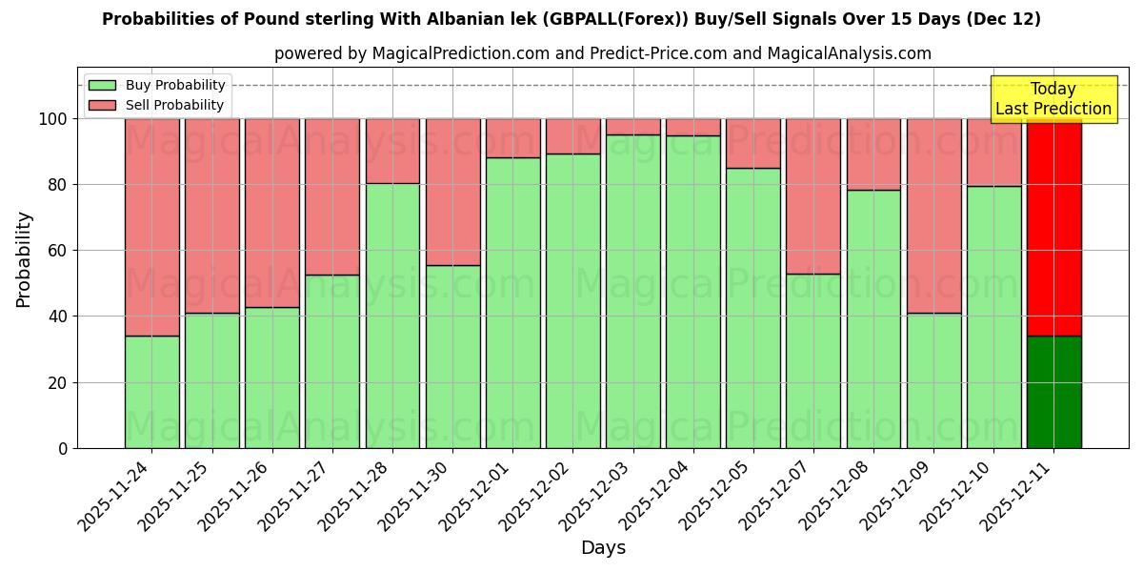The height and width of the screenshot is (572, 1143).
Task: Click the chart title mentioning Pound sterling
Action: click(x=571, y=19)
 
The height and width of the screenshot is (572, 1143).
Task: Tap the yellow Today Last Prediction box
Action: click(x=1053, y=99)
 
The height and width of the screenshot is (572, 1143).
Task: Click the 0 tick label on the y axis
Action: click(x=63, y=448)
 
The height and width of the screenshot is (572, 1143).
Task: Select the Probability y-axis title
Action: click(x=24, y=259)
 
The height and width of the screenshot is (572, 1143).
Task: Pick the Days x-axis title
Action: click(x=603, y=548)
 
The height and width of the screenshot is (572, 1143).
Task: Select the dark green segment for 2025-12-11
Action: click(x=1053, y=392)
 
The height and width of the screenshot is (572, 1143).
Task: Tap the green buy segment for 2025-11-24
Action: click(x=152, y=392)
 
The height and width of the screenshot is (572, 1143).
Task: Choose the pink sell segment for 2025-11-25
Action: click(x=212, y=215)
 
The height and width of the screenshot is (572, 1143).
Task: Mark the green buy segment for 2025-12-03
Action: click(x=633, y=291)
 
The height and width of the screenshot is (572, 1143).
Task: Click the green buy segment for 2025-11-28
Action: click(x=392, y=316)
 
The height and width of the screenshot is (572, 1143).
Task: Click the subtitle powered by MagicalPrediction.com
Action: click(x=603, y=54)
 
